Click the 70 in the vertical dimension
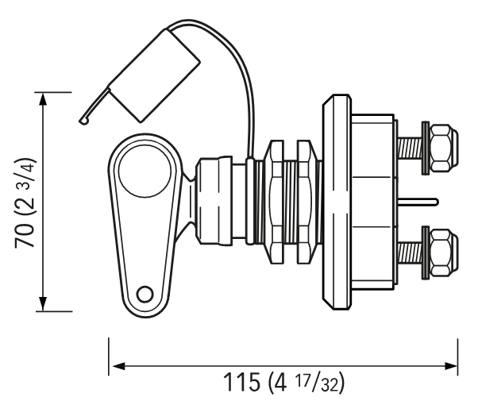tap(24, 235)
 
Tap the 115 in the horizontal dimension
tap(242, 382)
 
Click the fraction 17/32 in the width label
tap(317, 383)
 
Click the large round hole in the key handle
tap(145, 172)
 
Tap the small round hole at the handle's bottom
tap(145, 295)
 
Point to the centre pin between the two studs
tap(418, 201)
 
